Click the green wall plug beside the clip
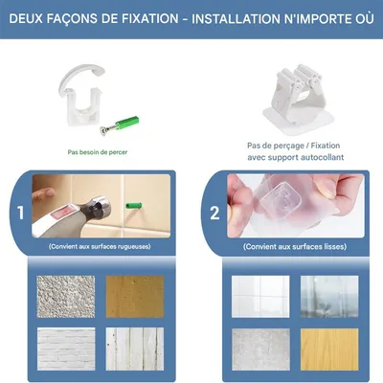pos(126,124)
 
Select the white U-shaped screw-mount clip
pos(82,96)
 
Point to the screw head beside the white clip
pos(103,129)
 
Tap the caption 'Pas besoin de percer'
pos(98,152)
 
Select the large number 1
pos(21,213)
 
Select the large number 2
pos(214,213)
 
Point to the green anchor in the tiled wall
pos(133,205)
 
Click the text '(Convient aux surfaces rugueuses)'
pos(100,247)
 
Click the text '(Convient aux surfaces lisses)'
pos(295,247)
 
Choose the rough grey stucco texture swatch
pos(66,297)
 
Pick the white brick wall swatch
pos(66,349)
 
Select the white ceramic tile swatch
pos(260,297)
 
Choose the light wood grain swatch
pos(329,349)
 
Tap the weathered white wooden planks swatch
pos(135,349)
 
